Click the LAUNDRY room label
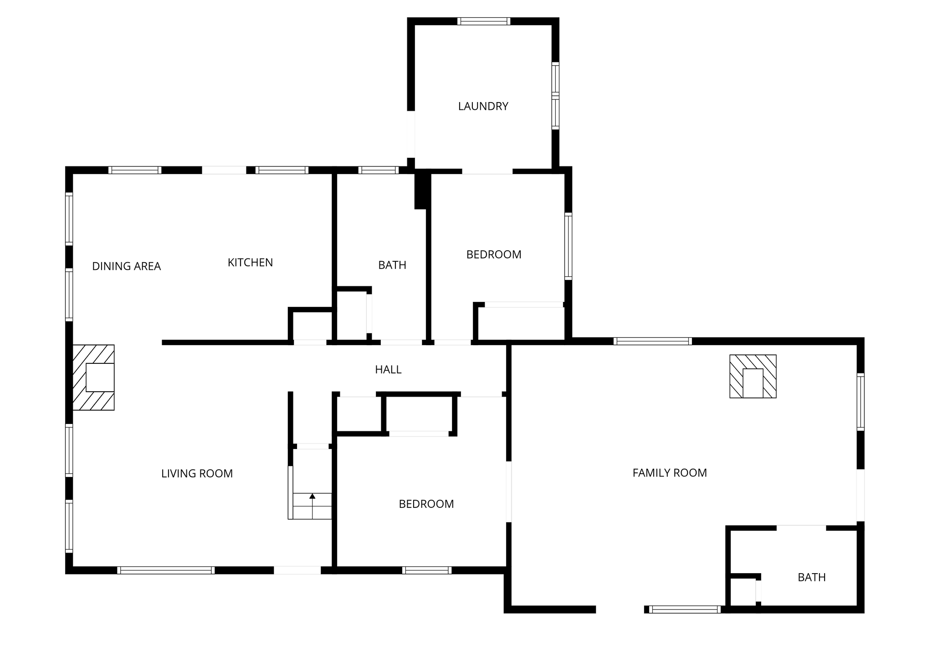(483, 106)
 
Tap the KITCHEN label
(250, 263)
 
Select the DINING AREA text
(126, 266)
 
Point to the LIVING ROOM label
(197, 474)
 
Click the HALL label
(388, 370)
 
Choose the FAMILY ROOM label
(670, 473)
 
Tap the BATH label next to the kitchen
(392, 265)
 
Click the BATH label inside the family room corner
(811, 578)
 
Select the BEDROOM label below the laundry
(494, 254)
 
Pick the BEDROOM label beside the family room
(426, 504)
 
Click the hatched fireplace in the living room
(93, 378)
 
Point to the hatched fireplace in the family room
(753, 376)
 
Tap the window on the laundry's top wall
(484, 21)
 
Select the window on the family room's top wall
(652, 341)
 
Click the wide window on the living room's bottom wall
(166, 570)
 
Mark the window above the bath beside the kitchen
(379, 170)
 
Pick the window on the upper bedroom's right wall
(568, 246)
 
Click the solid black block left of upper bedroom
(422, 189)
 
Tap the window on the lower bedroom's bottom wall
(427, 570)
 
